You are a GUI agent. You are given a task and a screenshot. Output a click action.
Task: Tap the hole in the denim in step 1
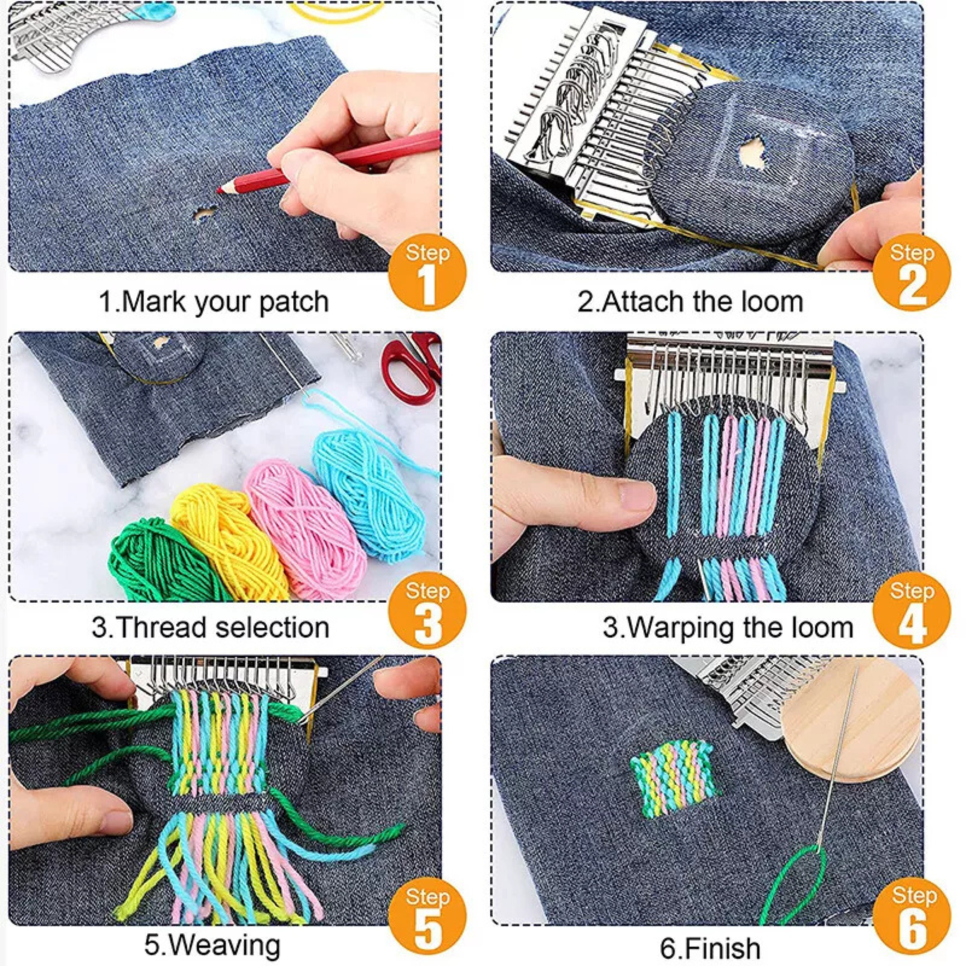203,214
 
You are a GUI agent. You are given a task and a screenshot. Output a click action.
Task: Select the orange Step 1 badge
427,272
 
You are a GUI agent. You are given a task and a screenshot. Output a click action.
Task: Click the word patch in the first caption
294,301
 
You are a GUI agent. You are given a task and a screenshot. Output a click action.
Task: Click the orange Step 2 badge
911,272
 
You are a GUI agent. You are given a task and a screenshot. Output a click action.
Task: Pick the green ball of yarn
154,561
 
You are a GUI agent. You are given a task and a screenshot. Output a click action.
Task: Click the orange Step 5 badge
427,915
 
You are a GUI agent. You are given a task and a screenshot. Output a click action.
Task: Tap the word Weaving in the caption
229,945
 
